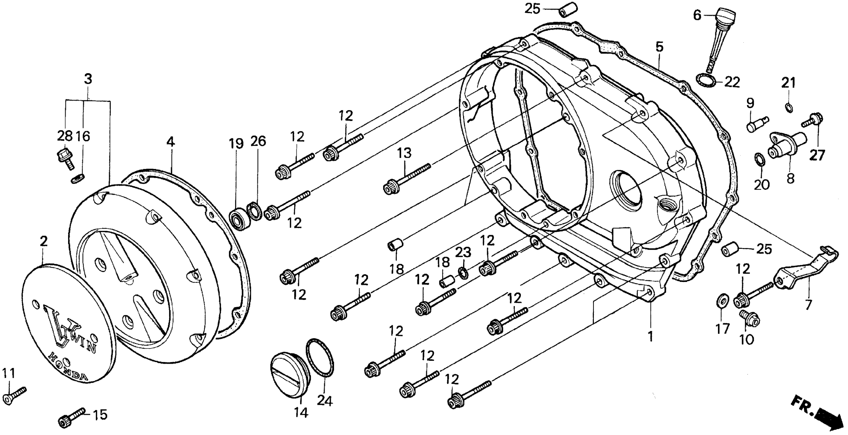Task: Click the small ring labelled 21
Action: (789, 107)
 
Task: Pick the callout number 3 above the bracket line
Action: (88, 79)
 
